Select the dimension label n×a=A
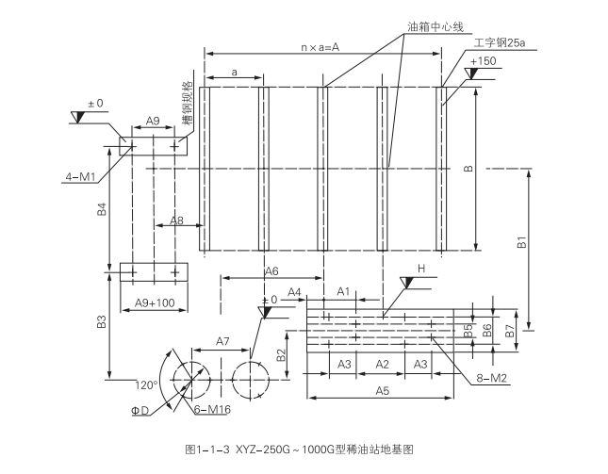point(320,46)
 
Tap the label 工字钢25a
point(499,43)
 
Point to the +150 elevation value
point(482,61)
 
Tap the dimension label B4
point(102,210)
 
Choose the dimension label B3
point(102,325)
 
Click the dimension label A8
point(176,221)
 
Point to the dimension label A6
point(271,270)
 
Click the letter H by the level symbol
point(422,269)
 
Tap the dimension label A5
point(382,390)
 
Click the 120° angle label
point(146,384)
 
